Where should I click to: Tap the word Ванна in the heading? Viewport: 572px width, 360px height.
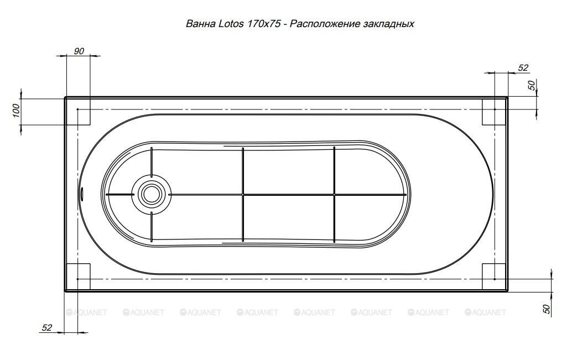(200, 24)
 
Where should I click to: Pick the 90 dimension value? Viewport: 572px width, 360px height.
(79, 51)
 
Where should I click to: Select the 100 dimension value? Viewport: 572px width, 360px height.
(16, 110)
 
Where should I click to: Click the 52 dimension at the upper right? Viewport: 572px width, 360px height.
(523, 68)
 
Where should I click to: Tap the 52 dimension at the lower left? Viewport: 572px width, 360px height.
(47, 327)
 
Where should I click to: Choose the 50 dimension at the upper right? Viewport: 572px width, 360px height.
(532, 85)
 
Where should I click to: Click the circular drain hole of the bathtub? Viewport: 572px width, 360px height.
(151, 194)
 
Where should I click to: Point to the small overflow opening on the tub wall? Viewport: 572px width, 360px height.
(82, 194)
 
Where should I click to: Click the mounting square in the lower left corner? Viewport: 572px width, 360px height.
(78, 276)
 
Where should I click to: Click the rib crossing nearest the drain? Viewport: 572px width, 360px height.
(243, 194)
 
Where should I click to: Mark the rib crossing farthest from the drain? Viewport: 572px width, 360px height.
(334, 194)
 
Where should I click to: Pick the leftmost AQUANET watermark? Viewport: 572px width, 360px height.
(87, 312)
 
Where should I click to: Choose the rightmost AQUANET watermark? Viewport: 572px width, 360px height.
(486, 312)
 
